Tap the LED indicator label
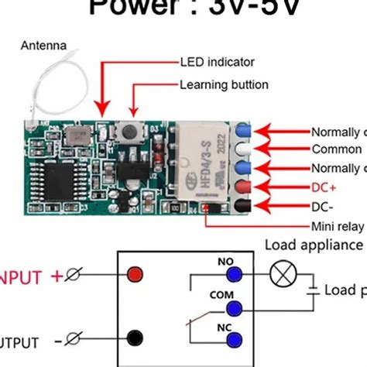217,61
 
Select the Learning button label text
224,84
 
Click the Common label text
335,149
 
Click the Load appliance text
313,245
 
